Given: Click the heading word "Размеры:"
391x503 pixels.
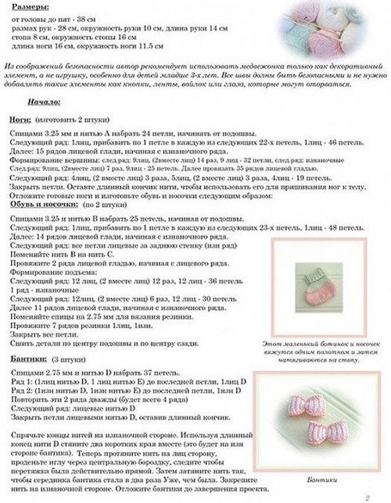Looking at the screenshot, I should pyautogui.click(x=23, y=5).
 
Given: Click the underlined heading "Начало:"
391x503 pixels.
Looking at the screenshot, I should pyautogui.click(x=42, y=102).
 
